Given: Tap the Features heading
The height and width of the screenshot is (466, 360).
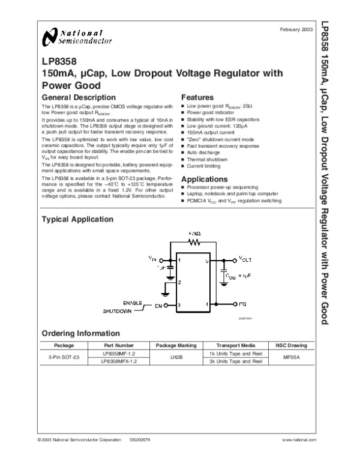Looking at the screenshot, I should (x=197, y=97).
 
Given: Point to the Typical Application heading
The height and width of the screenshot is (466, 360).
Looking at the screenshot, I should (x=77, y=220).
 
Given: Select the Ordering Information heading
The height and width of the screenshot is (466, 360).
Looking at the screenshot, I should (x=80, y=334).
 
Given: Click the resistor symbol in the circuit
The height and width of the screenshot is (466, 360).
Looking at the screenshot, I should (x=194, y=242).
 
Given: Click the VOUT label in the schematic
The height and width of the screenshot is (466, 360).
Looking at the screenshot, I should (x=247, y=259).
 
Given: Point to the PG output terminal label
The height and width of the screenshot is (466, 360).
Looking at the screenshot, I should (x=243, y=305).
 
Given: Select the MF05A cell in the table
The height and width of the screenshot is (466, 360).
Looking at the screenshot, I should (x=291, y=357).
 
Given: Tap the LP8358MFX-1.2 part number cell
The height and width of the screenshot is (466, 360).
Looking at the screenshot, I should (x=119, y=361).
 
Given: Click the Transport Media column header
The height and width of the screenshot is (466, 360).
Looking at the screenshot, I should (x=236, y=346).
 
